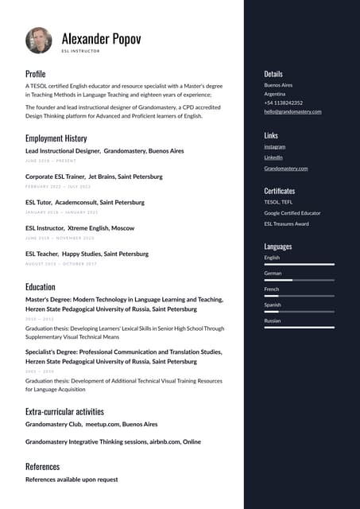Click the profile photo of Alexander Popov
click(x=39, y=41)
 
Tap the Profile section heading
click(x=36, y=74)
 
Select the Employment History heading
click(x=56, y=138)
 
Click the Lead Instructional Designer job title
click(x=63, y=150)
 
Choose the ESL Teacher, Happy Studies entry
click(x=87, y=254)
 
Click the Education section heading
click(x=41, y=286)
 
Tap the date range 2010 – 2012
click(x=40, y=318)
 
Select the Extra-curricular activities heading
click(x=64, y=411)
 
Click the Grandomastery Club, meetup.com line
click(x=91, y=425)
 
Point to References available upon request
click(x=72, y=480)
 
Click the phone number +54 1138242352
click(x=283, y=103)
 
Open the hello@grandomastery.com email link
click(x=292, y=111)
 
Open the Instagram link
click(x=275, y=146)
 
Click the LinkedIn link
click(x=273, y=157)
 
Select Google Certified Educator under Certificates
click(x=292, y=213)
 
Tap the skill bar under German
click(x=299, y=280)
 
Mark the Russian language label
click(x=273, y=321)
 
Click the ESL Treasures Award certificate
click(x=286, y=223)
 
